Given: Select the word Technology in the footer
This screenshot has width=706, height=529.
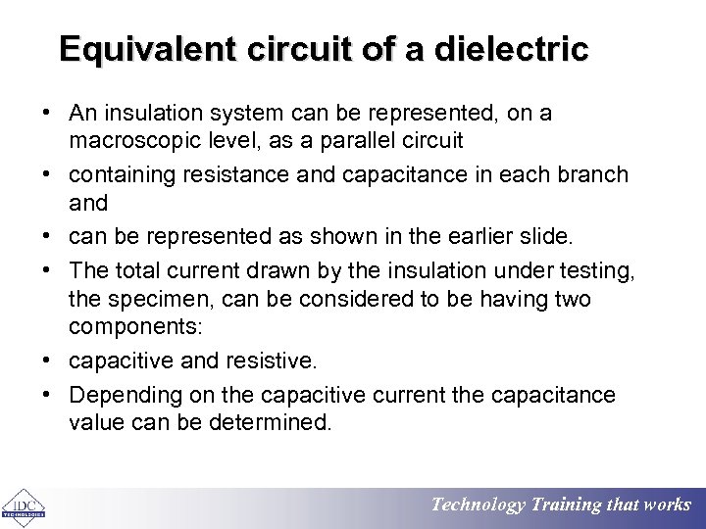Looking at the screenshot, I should coord(479,505).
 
